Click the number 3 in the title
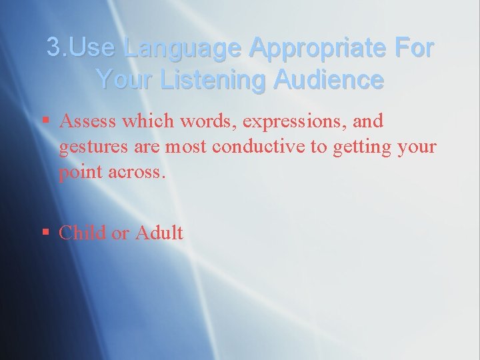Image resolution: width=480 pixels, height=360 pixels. (54, 48)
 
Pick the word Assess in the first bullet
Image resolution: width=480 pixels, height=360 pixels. (86, 121)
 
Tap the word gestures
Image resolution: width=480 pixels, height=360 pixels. (87, 147)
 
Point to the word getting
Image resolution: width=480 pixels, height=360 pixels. (351, 147)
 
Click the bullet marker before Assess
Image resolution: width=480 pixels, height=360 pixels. (45, 121)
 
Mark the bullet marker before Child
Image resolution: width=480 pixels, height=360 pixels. (45, 233)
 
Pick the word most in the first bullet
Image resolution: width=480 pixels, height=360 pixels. (187, 146)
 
